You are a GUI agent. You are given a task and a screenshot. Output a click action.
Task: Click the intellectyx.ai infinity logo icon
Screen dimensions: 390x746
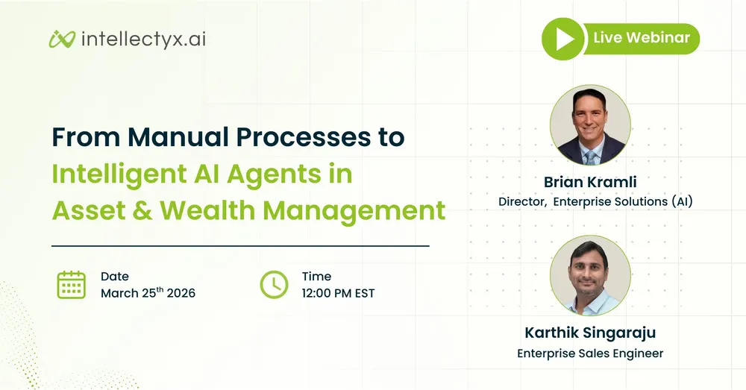(x=63, y=39)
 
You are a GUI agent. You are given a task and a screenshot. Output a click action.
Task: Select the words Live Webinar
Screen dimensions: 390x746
(x=641, y=37)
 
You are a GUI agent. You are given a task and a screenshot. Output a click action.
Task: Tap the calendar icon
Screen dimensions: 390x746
(x=72, y=284)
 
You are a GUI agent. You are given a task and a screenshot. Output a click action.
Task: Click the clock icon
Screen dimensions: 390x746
(x=274, y=284)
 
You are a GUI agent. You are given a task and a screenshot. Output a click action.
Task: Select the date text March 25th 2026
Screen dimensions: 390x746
(x=148, y=293)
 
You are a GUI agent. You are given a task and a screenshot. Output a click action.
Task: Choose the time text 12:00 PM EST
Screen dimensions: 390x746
(x=338, y=293)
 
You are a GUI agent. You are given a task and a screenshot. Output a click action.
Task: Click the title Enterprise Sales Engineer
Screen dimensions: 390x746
(x=590, y=353)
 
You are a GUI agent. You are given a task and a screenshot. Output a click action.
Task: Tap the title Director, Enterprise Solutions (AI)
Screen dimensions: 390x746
(x=595, y=201)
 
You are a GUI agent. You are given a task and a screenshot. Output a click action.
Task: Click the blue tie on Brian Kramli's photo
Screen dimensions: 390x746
(x=591, y=155)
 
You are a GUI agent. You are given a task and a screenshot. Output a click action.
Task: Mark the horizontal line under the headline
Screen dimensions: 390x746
(x=240, y=245)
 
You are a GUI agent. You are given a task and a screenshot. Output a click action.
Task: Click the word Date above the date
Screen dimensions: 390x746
(x=114, y=277)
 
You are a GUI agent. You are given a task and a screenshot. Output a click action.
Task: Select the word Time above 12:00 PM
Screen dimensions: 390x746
(x=316, y=277)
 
